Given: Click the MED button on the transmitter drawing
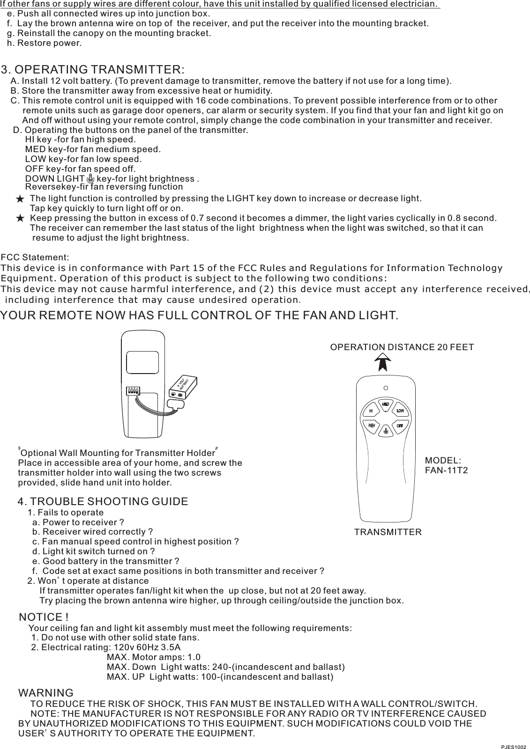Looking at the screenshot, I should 386,404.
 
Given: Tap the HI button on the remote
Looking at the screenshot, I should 371,411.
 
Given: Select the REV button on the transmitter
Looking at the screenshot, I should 371,426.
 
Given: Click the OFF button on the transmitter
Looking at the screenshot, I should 400,426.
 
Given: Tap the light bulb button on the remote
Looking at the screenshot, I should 386,431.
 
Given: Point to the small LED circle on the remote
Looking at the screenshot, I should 386,388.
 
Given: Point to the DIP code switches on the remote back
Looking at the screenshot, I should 134,391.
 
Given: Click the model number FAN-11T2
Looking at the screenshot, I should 446,470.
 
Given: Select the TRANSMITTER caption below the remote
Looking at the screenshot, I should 388,532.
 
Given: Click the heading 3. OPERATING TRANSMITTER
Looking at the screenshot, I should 93,70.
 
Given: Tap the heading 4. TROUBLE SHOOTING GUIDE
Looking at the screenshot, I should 103,502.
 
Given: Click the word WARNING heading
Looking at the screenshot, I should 45,693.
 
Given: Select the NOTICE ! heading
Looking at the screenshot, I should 44,617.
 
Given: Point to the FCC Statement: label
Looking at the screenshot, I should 35,258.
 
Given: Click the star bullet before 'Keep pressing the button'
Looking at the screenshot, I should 19,218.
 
